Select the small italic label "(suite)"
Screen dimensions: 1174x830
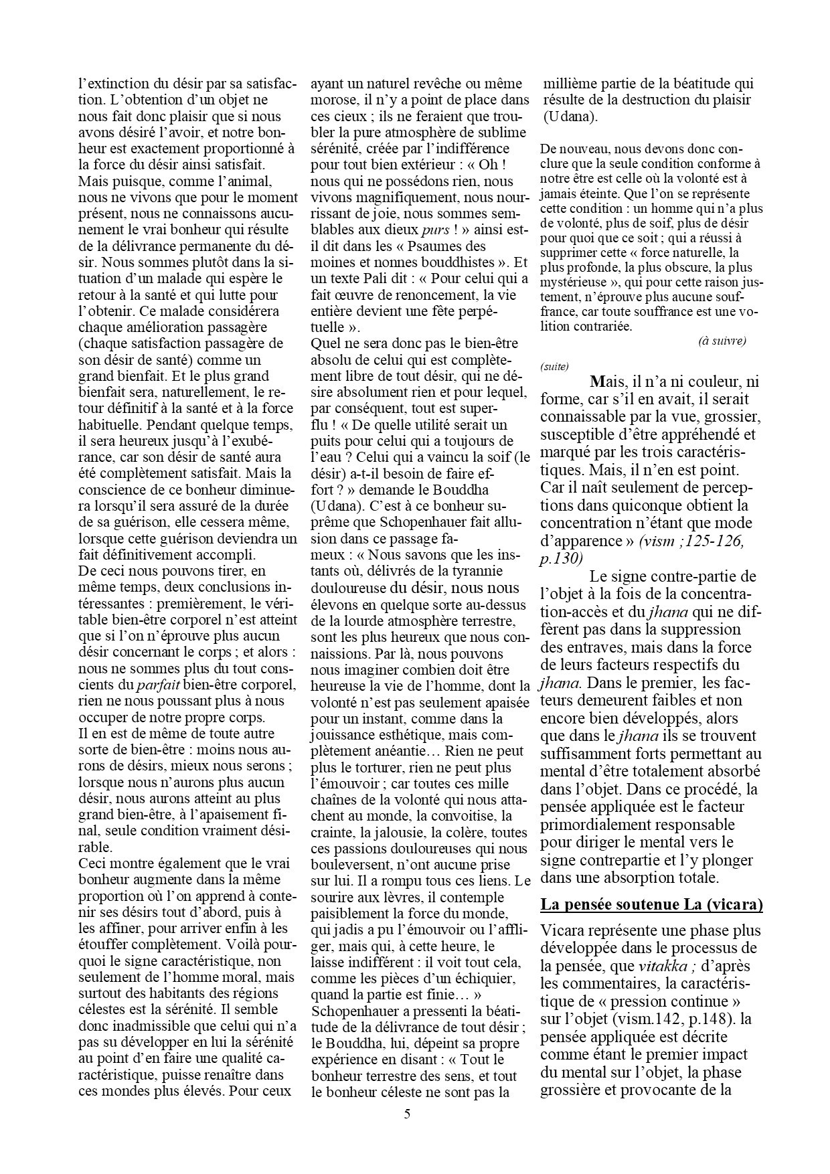(x=554, y=366)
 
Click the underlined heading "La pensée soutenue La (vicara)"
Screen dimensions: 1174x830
(x=651, y=905)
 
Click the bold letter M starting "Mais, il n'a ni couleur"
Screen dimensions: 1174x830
(x=598, y=383)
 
